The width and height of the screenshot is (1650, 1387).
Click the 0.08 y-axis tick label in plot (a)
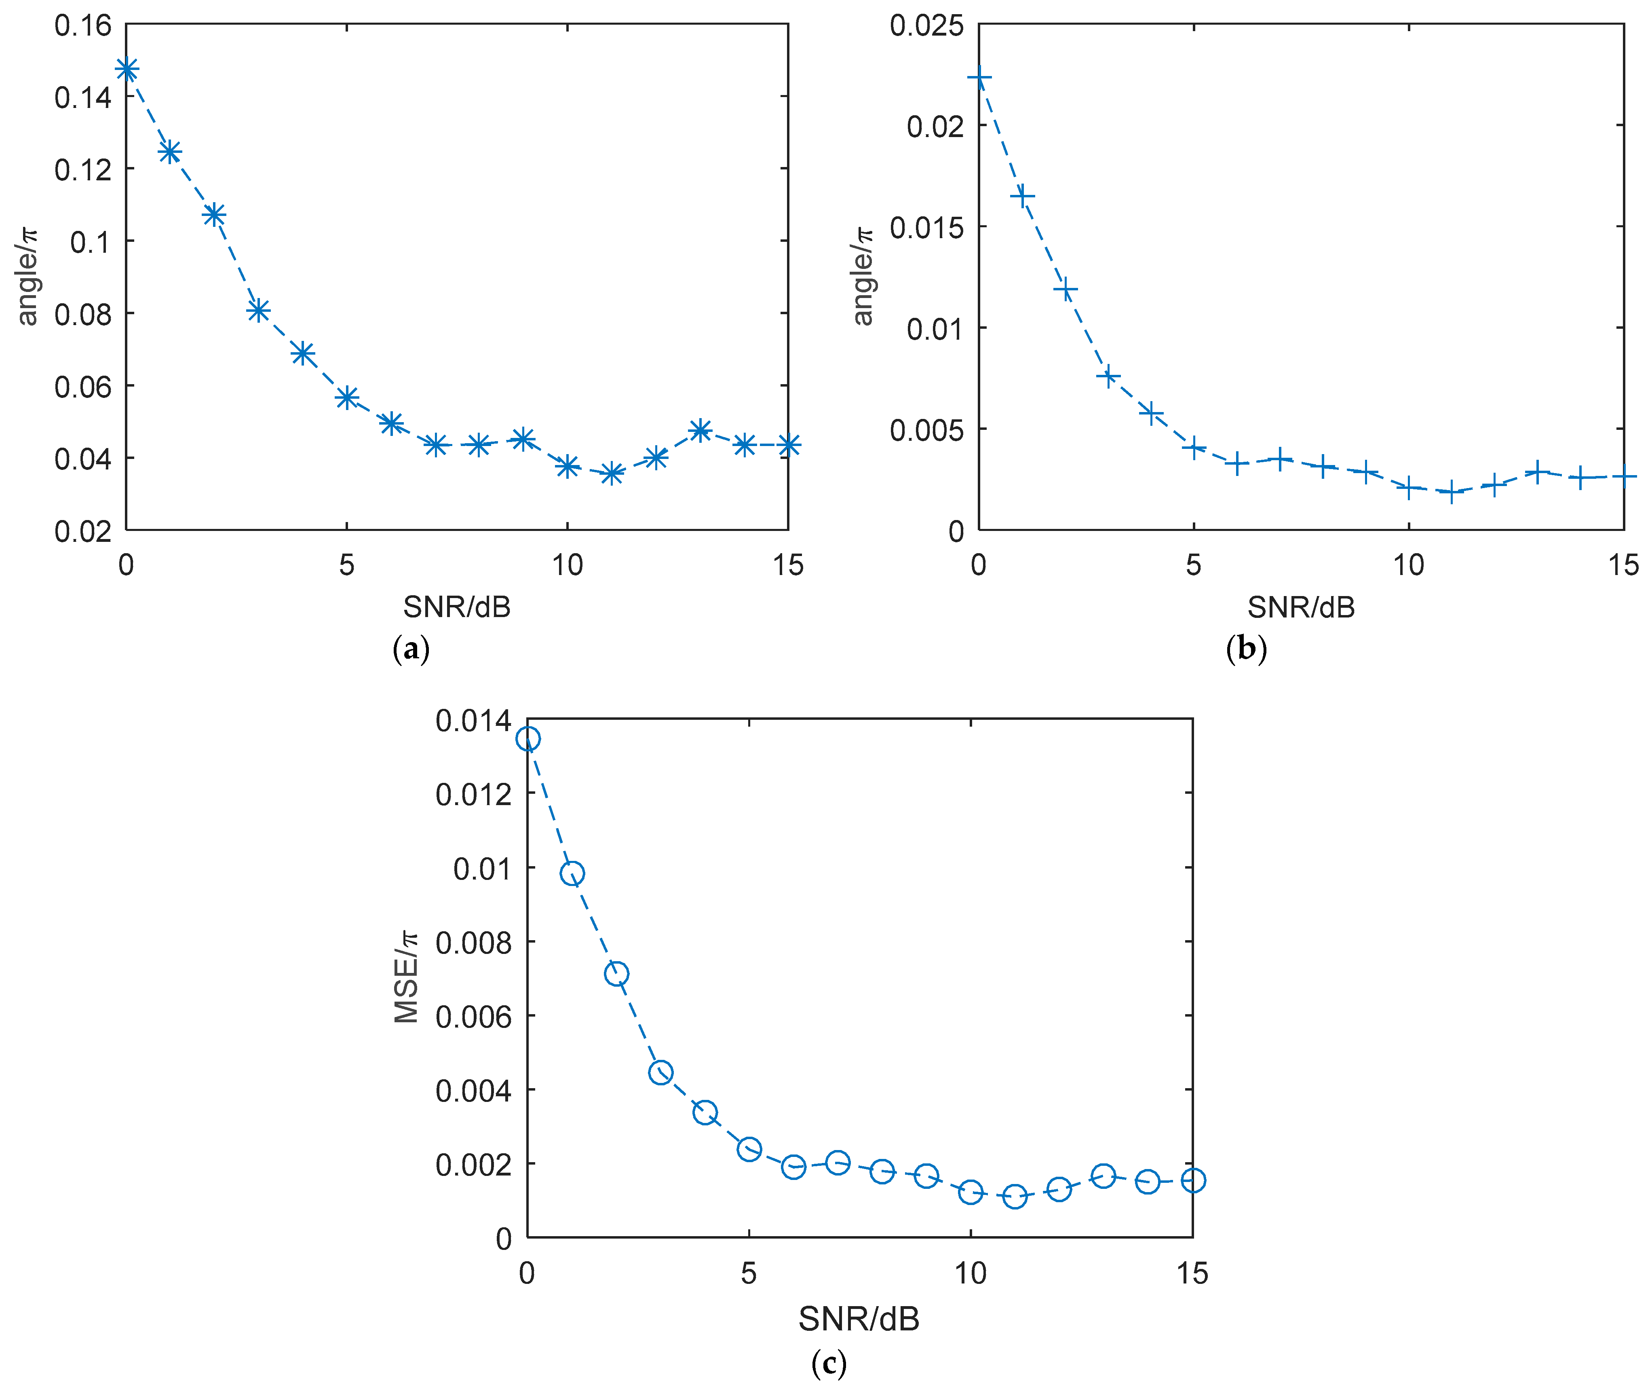tap(82, 314)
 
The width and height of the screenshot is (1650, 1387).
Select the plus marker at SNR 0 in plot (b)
tap(979, 77)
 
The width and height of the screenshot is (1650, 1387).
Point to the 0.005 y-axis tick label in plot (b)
tap(925, 429)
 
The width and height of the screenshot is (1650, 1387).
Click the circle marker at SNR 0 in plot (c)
tap(527, 738)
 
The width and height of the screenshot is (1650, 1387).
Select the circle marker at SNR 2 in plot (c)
tap(616, 973)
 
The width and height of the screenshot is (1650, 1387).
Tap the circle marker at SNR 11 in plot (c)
tap(1015, 1196)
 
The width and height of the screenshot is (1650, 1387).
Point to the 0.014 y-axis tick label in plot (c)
tap(473, 720)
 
